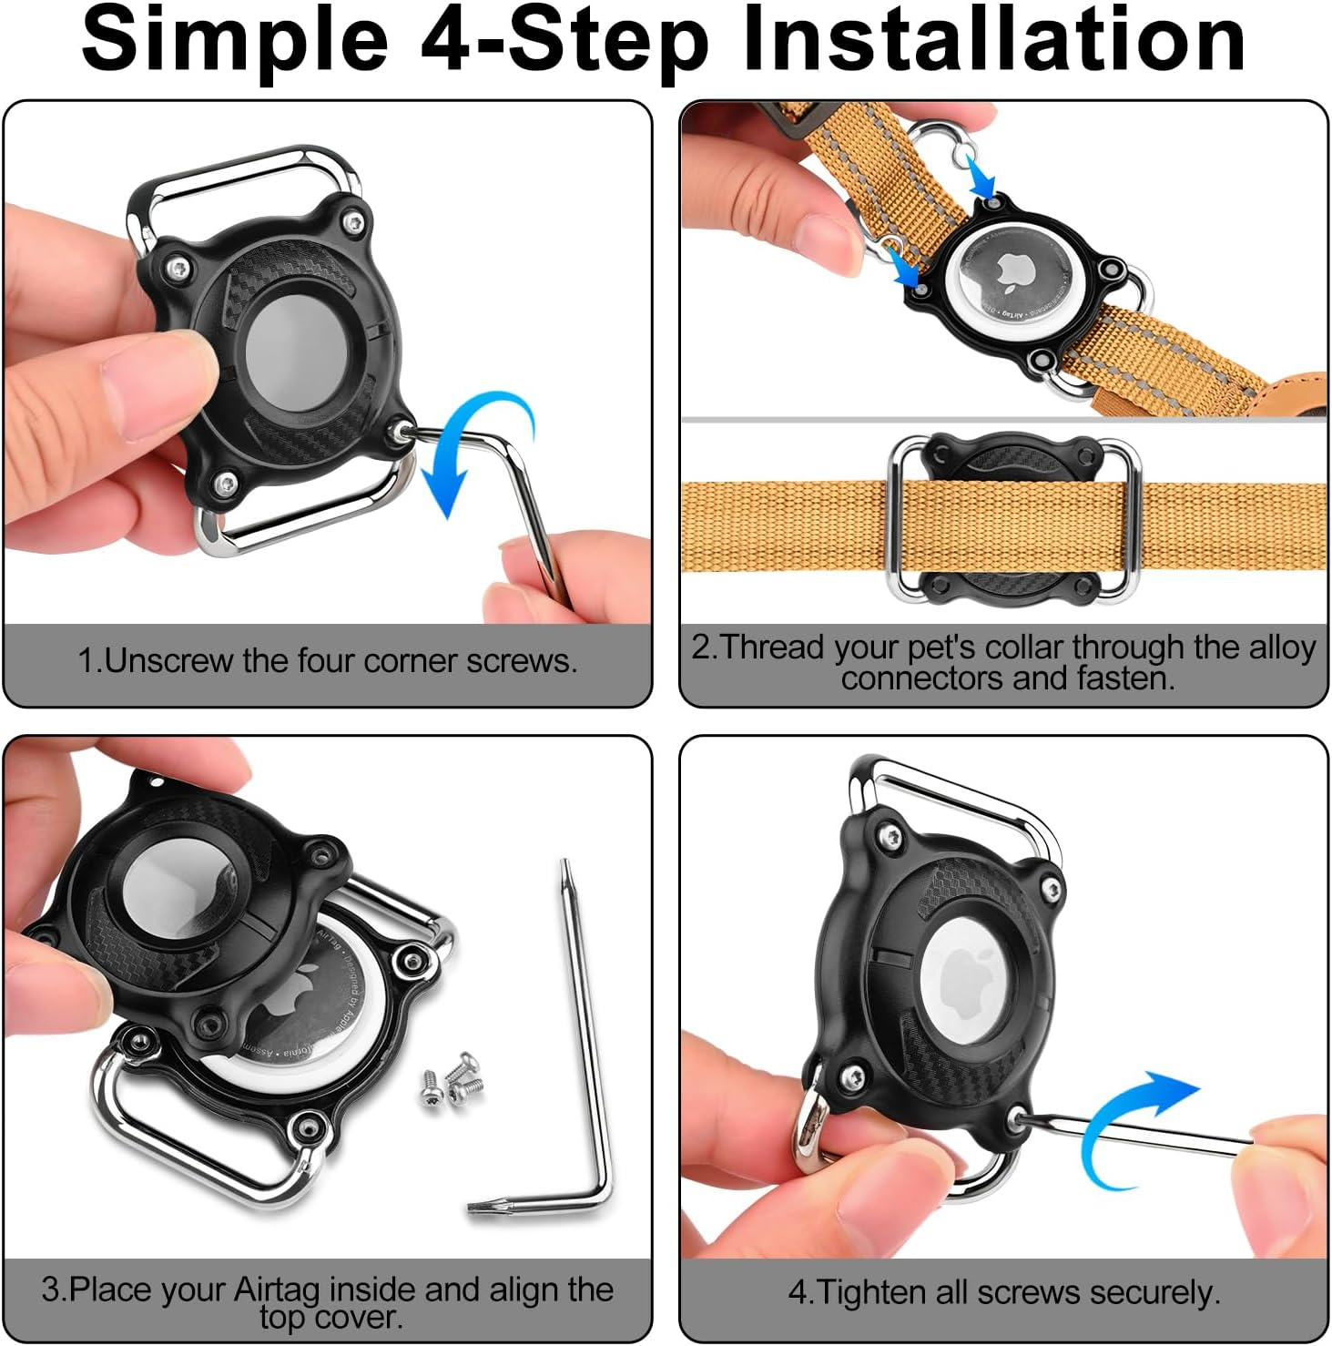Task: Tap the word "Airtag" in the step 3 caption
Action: (277, 1290)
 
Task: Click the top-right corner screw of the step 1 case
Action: (351, 221)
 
